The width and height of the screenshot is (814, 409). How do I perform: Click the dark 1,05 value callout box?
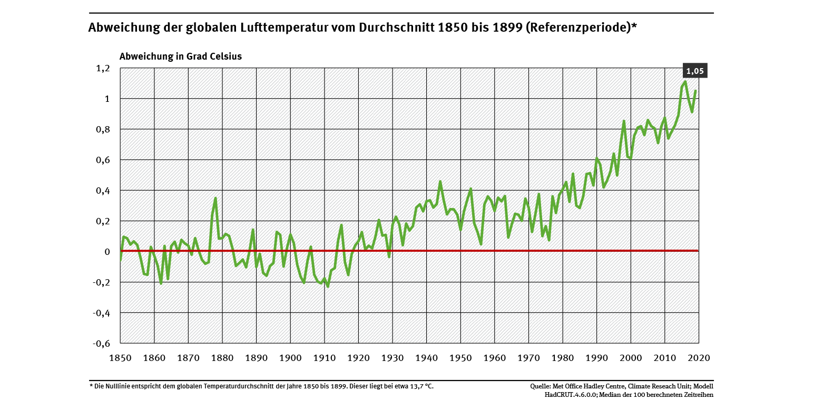[x=694, y=71]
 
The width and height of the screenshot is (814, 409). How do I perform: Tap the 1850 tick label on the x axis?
[x=120, y=358]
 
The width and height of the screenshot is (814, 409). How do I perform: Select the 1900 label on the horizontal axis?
[x=290, y=358]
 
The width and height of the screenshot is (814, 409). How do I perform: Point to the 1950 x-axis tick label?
[x=460, y=358]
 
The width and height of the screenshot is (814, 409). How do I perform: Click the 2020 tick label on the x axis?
[x=699, y=358]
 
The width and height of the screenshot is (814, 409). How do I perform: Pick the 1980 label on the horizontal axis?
[x=563, y=358]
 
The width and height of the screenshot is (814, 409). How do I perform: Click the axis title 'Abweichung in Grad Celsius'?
[x=181, y=56]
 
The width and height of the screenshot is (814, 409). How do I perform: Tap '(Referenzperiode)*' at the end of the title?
[x=581, y=28]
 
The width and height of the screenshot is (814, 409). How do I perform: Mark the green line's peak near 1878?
[x=215, y=198]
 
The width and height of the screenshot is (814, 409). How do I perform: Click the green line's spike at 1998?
[x=624, y=121]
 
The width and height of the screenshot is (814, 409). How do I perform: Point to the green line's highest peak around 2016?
[x=685, y=81]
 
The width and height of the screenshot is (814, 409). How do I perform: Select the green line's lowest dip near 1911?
[x=328, y=286]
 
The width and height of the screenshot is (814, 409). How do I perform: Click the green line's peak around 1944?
[x=440, y=182]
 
